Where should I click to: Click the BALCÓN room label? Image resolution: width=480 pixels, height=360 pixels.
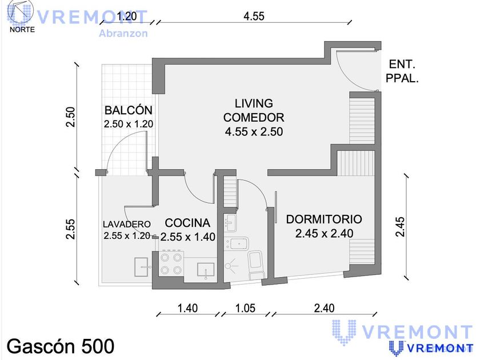pos(128,110)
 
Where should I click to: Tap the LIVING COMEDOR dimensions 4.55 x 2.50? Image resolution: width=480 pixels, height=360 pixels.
pos(254,131)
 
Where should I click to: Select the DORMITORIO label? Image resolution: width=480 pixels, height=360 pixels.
pos(324,219)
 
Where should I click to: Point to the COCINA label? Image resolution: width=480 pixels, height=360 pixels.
pos(187,223)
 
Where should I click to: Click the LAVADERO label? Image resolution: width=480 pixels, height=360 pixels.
pos(126,225)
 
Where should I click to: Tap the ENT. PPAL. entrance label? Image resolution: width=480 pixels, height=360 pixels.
pos(402,71)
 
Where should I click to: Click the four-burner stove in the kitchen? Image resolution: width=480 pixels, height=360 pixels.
pos(171,263)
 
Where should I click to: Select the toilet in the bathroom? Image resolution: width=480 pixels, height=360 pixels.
pos(256,264)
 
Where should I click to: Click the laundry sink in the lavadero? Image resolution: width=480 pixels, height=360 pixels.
pos(142,267)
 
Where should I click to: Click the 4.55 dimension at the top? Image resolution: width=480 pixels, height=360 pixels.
pos(254,16)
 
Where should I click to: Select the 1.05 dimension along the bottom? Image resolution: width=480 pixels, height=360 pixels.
pos(245,308)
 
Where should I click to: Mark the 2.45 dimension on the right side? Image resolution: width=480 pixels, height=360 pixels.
pos(400,227)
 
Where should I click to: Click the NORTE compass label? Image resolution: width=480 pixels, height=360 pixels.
pos(22,30)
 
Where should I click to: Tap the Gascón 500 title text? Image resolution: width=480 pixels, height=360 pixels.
pos(61,346)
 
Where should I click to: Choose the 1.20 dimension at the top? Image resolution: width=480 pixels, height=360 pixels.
pos(127,16)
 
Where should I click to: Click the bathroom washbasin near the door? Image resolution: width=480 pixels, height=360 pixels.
pos(230,222)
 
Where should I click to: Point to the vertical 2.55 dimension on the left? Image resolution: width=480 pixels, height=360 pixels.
pos(71,229)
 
